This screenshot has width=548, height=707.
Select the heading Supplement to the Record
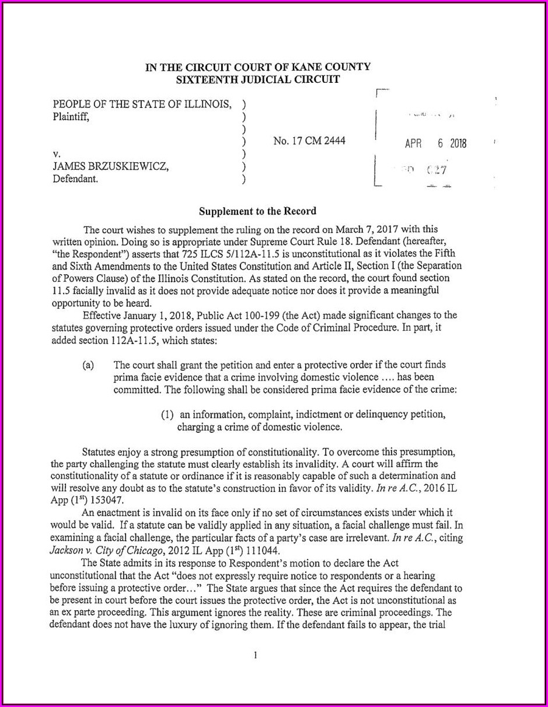pos(258,211)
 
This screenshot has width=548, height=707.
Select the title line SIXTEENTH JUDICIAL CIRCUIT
pos(257,79)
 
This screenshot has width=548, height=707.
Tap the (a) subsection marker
pos(88,365)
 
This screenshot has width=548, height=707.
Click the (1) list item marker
pos(169,415)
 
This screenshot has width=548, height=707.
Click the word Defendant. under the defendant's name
pos(75,180)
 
